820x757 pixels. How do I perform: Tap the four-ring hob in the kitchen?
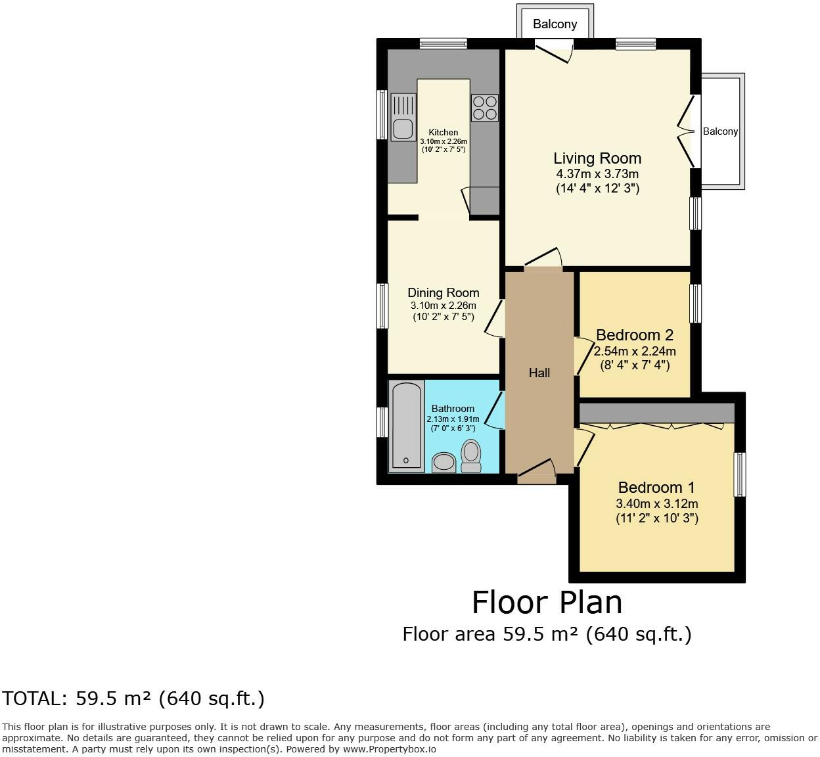pyautogui.click(x=485, y=108)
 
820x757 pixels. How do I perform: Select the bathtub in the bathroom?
pyautogui.click(x=406, y=427)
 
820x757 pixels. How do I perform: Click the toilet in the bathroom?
pyautogui.click(x=470, y=455)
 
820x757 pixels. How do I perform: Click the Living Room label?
pyautogui.click(x=597, y=158)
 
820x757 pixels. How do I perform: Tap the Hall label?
pyautogui.click(x=539, y=373)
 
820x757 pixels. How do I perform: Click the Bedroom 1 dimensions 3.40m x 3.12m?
pyautogui.click(x=656, y=504)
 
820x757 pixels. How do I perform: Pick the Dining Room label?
pyautogui.click(x=444, y=292)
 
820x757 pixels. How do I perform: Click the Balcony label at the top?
pyautogui.click(x=555, y=24)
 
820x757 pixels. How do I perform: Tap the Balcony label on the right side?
pyautogui.click(x=720, y=131)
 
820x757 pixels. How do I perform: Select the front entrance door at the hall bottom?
pyautogui.click(x=537, y=472)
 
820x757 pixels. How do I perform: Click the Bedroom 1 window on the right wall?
pyautogui.click(x=740, y=474)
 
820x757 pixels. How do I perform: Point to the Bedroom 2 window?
pyautogui.click(x=695, y=303)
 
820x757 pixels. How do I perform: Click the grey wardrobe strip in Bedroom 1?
pyautogui.click(x=656, y=413)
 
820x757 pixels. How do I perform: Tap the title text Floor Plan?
pyautogui.click(x=547, y=602)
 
